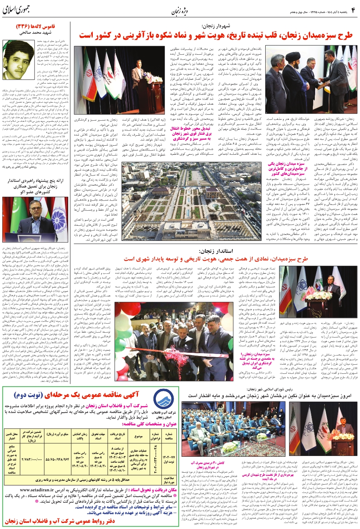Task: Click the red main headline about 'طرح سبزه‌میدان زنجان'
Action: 216,35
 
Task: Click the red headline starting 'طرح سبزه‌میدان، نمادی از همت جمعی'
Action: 216,259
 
